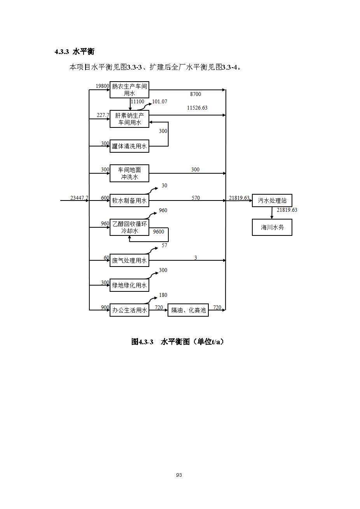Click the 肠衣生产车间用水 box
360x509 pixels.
pos(129,89)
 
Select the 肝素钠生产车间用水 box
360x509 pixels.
pos(129,119)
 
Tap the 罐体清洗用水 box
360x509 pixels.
pos(129,146)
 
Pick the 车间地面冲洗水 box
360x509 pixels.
pos(129,173)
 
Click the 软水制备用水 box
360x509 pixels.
pos(129,200)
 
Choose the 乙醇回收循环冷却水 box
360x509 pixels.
pos(129,227)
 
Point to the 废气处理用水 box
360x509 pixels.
pos(129,260)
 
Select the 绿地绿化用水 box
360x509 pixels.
pos(129,285)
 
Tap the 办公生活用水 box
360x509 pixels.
pos(129,310)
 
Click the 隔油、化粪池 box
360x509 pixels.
pos(188,310)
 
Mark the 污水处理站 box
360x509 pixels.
pos(272,200)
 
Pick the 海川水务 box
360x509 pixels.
pos(272,227)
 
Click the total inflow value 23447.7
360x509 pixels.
pos(79,198)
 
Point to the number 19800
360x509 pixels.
pos(102,86)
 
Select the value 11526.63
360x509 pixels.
pos(197,108)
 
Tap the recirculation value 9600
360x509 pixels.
pos(159,232)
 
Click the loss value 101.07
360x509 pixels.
pos(159,101)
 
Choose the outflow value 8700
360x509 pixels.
pos(196,94)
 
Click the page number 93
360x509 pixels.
pos(179,475)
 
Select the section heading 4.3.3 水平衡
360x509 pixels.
pos(74,52)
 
